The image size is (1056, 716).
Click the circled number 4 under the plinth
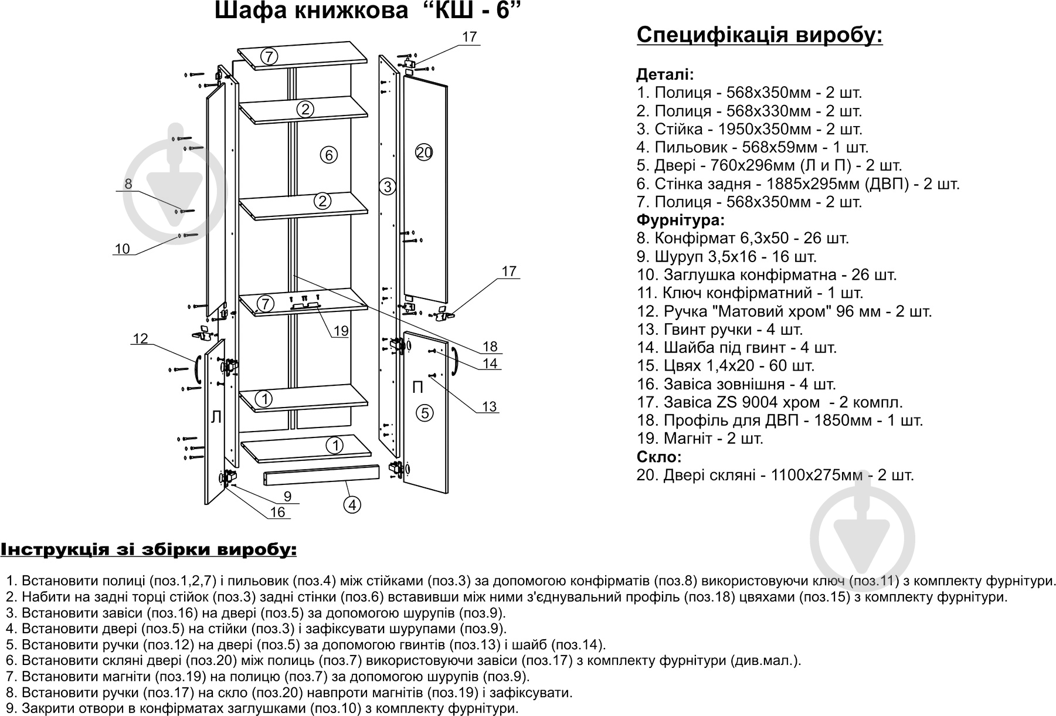click(351, 504)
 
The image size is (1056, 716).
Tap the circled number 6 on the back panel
click(329, 155)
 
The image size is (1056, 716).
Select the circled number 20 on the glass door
click(423, 153)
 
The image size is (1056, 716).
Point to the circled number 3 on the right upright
click(387, 187)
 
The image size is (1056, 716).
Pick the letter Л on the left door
click(216, 417)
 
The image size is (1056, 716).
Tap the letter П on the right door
click(418, 387)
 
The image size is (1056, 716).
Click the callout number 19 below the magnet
click(341, 331)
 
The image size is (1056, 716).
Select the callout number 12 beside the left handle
click(140, 338)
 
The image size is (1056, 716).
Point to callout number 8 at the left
click(128, 184)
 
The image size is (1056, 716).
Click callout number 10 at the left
click(122, 249)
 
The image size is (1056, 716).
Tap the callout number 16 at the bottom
click(277, 512)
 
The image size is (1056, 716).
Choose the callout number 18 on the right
click(490, 346)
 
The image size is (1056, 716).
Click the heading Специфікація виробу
click(759, 35)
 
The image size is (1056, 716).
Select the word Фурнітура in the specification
click(680, 220)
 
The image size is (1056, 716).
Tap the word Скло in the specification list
click(659, 457)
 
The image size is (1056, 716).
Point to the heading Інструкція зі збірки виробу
click(148, 550)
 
